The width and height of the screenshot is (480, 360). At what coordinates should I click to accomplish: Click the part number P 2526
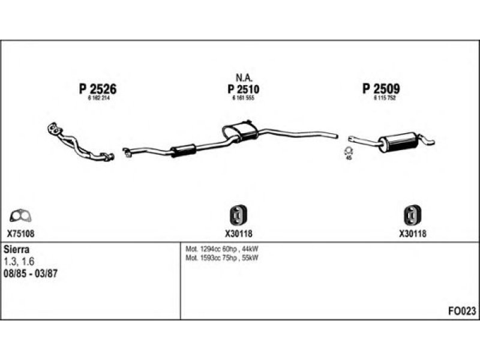pos(97,89)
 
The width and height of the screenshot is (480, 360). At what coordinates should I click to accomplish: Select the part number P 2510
pos(242,89)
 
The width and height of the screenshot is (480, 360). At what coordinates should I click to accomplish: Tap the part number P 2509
pos(381,89)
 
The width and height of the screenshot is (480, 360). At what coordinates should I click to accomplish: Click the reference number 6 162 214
pos(97,98)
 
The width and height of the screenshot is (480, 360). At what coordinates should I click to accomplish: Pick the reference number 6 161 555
pos(242,98)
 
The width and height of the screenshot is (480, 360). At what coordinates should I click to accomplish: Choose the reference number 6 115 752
pos(381,98)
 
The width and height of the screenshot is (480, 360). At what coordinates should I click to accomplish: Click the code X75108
pos(21,234)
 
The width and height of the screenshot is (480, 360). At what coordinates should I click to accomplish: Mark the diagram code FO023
pos(462,310)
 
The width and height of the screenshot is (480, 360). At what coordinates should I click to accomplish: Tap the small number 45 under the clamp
pos(348,158)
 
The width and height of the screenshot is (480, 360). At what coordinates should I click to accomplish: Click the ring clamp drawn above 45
pos(348,150)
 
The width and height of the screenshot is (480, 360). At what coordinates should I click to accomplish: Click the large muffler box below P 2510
pos(236,131)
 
